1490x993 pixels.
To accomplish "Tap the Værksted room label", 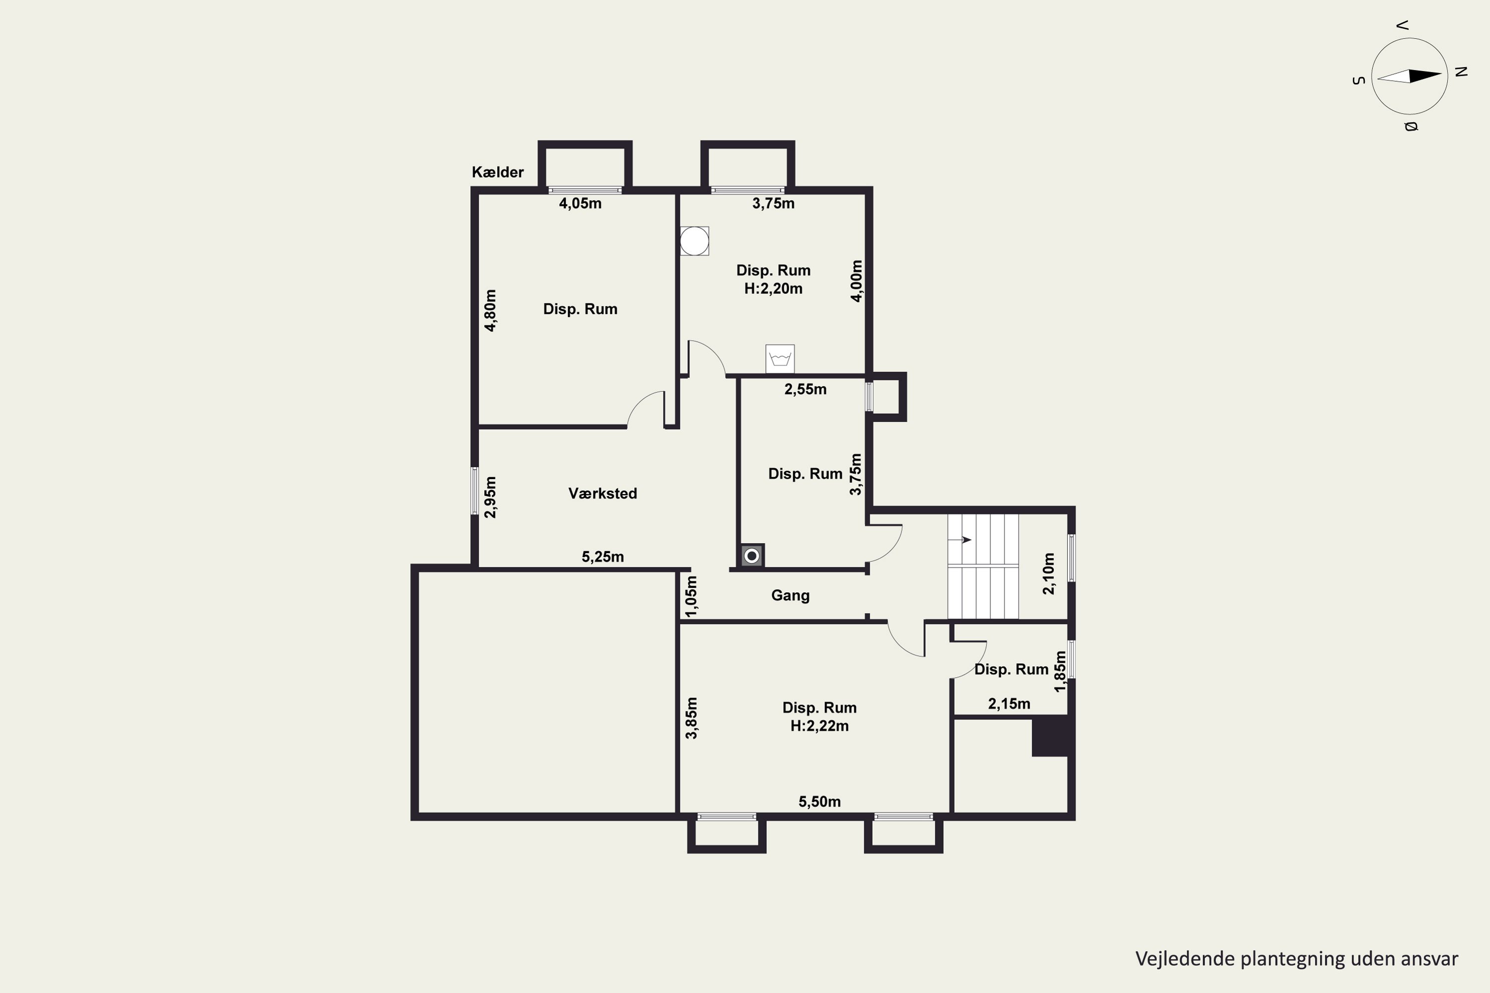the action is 602,494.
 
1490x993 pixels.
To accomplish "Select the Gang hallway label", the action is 790,595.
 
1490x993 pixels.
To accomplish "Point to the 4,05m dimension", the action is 580,203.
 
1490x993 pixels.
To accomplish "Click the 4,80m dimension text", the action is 490,310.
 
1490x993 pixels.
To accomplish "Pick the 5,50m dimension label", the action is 819,802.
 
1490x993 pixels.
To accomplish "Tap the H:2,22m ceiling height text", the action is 819,726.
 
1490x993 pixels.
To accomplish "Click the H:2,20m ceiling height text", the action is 773,289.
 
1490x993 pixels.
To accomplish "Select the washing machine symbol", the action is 780,359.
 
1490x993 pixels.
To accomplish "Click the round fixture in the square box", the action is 694,241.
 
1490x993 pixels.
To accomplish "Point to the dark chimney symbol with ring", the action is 752,556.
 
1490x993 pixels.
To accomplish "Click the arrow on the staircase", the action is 959,540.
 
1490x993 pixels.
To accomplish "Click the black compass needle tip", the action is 1441,75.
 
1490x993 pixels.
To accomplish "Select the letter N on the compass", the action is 1461,71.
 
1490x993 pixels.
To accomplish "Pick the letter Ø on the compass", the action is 1411,127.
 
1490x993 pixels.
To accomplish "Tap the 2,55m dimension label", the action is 805,389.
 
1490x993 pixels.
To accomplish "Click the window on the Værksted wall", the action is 474,491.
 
